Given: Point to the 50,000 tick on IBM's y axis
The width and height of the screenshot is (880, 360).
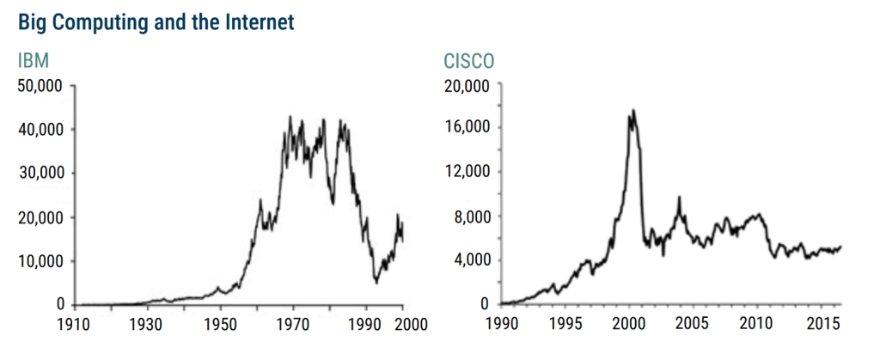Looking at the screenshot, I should click(x=41, y=86).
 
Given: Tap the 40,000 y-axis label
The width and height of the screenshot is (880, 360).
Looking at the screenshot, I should click(x=41, y=130).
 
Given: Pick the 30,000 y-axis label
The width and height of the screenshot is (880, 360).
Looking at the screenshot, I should click(x=41, y=174).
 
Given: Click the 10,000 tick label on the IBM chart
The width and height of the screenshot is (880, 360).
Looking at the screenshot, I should click(x=41, y=261).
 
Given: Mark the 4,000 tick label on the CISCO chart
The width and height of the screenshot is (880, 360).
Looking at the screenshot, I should click(x=472, y=260).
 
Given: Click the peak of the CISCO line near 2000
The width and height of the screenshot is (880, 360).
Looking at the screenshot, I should click(x=633, y=110).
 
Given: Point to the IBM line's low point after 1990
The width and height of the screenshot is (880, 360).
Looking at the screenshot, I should click(x=376, y=281).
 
